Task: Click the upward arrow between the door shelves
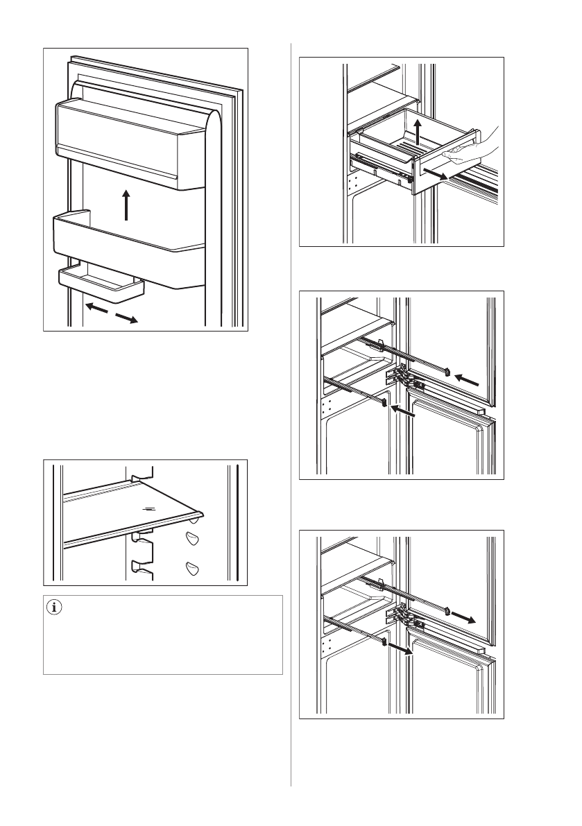[126, 205]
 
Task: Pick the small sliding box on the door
[101, 284]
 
